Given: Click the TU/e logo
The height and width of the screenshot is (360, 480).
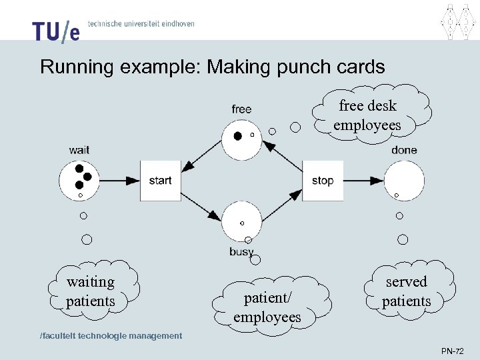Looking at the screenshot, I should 55,29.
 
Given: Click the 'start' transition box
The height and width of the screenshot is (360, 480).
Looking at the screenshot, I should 160,181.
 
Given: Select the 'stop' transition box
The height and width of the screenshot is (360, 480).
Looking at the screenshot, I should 323,181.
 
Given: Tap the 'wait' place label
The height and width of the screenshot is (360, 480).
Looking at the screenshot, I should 79,150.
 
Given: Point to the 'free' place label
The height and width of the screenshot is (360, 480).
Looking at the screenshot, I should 241,109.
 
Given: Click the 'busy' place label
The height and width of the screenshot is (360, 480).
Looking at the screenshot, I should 241,251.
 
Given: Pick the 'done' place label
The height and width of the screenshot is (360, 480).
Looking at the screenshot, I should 404,150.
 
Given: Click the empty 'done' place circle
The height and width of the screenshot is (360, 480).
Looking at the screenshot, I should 404,180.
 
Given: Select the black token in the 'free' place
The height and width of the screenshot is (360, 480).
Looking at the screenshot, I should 237,136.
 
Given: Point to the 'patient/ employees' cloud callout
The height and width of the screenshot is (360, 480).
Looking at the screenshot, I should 267,306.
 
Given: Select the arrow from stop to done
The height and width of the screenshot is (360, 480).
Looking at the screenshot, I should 364,181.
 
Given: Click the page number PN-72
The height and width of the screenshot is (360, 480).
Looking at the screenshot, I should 452,351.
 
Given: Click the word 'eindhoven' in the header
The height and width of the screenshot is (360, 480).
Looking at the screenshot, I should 175,23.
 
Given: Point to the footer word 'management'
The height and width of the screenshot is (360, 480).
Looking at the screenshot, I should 151,335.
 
